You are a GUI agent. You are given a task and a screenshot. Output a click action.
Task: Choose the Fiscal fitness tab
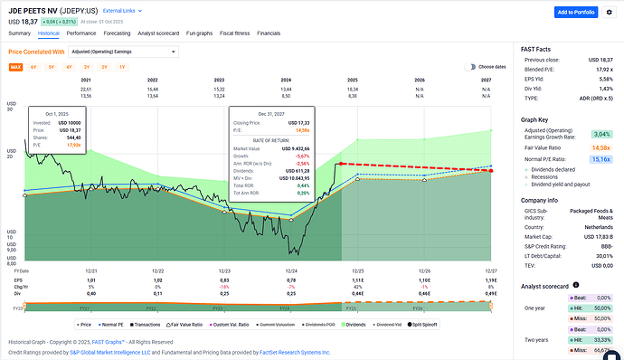[237, 33]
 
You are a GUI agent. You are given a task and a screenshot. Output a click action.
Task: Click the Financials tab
[269, 33]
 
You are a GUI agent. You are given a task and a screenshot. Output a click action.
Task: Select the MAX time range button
[15, 67]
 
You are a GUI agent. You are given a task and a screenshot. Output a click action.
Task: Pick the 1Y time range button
[122, 67]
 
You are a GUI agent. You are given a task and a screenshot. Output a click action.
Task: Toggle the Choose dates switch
[470, 67]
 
